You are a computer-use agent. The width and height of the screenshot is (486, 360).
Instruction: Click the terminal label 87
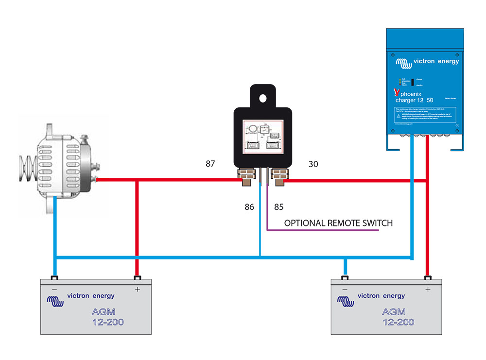tap(210, 164)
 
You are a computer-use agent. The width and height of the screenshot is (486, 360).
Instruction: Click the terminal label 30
tap(313, 164)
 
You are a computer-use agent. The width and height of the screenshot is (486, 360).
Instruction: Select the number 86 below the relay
tap(249, 207)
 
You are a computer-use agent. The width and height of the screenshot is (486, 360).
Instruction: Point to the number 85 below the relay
tap(279, 207)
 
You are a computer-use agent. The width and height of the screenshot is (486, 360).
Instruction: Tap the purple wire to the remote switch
tap(321, 231)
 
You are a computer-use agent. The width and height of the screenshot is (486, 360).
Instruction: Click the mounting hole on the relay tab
tap(263, 98)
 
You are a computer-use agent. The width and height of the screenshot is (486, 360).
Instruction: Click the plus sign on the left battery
tap(137, 290)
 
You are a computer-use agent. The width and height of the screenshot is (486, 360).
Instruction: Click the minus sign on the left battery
tap(55, 290)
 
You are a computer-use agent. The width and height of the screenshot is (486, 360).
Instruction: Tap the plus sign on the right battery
tap(428, 290)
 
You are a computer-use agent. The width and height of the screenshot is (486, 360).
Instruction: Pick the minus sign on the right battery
tap(345, 290)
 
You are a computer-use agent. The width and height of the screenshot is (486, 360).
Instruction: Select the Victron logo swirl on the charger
tap(402, 63)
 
